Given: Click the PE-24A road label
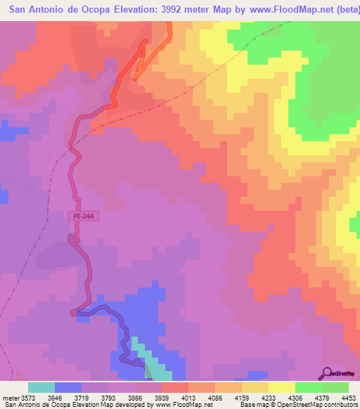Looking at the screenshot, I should (x=84, y=217).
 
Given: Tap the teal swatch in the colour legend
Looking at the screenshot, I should (x=41, y=387).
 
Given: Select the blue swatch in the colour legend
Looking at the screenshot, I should (x=68, y=387).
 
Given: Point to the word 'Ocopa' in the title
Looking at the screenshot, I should (x=90, y=10).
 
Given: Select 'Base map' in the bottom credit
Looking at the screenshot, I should (x=252, y=404).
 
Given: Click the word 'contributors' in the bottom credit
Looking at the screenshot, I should (x=339, y=404).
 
